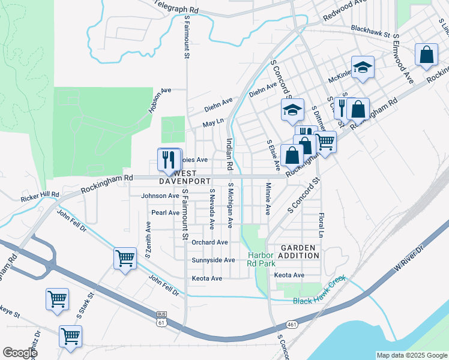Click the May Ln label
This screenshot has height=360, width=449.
click(x=213, y=123)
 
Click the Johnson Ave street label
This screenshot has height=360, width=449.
click(x=160, y=196)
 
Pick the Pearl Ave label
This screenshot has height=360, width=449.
click(x=165, y=212)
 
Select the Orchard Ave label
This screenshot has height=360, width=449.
click(x=209, y=242)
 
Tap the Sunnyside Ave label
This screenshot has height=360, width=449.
click(x=213, y=260)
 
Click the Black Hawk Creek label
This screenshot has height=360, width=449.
click(x=320, y=298)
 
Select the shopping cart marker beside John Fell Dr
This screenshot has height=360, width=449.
click(x=125, y=259)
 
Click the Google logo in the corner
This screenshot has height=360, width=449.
click(x=20, y=353)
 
